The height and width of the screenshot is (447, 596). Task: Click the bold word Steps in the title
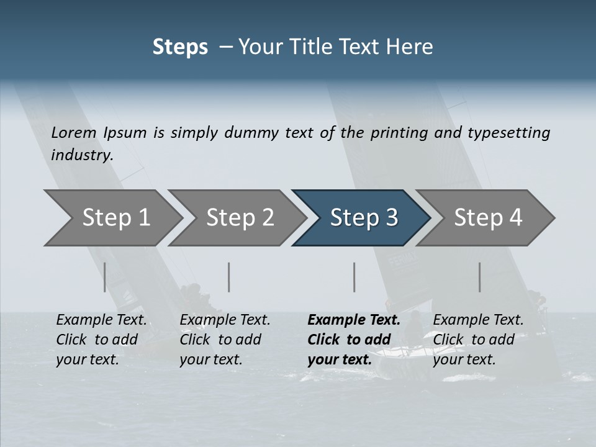click(x=180, y=47)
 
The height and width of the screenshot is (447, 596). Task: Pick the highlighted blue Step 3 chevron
click(x=364, y=217)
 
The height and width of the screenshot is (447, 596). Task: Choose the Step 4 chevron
click(x=488, y=217)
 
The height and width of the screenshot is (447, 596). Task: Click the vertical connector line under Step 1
click(x=105, y=277)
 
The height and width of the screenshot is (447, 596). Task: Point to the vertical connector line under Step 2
click(x=229, y=277)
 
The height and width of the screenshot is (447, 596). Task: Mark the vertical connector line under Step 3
click(x=354, y=277)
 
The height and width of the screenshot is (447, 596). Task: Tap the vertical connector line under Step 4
click(x=479, y=277)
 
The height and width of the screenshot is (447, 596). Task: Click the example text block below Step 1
click(x=101, y=340)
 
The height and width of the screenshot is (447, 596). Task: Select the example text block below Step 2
click(x=225, y=340)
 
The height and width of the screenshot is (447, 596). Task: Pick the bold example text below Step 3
click(x=353, y=340)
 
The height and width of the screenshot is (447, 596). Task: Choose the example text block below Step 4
click(x=478, y=340)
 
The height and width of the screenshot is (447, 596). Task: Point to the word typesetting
click(x=508, y=133)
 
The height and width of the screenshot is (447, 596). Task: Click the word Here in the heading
click(x=411, y=47)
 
